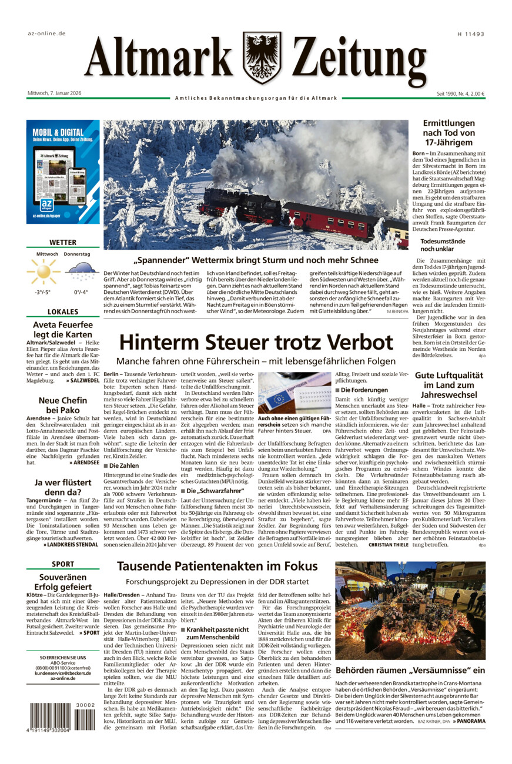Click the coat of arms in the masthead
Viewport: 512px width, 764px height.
(x=262, y=58)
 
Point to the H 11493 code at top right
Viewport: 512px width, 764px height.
(x=470, y=34)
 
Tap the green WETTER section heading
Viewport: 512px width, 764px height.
(x=63, y=243)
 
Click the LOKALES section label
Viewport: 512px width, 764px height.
(x=63, y=312)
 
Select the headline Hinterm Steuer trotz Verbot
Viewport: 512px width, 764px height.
(x=256, y=342)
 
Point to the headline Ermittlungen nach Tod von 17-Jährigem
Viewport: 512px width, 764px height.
(x=449, y=133)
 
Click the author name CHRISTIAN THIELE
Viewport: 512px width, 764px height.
(x=388, y=544)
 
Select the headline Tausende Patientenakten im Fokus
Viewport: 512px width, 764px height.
(x=217, y=567)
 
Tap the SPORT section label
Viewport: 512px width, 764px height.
(x=63, y=564)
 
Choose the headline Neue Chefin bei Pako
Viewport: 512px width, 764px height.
(x=63, y=406)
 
